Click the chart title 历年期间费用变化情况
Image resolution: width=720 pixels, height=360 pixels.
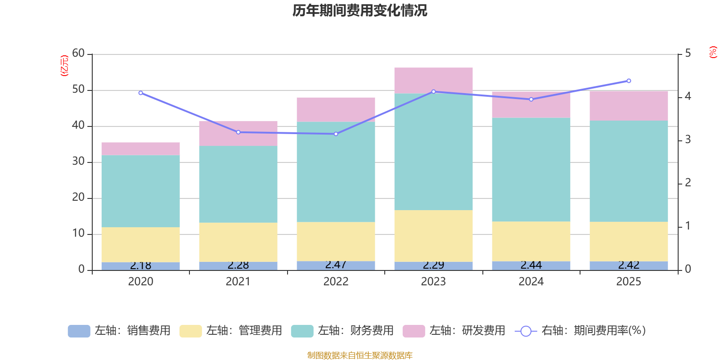360,10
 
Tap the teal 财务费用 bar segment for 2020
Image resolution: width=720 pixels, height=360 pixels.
140,191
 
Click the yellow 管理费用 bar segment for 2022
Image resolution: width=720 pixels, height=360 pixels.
336,241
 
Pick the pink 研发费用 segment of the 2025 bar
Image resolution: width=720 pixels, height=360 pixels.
629,105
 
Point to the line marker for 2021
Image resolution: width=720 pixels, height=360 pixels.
238,132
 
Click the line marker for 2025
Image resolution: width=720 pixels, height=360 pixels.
629,81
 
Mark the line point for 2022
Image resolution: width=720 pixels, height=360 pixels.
336,134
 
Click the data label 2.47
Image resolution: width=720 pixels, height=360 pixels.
336,265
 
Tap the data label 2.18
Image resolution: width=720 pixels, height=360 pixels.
140,265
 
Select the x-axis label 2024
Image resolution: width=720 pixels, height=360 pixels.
531,282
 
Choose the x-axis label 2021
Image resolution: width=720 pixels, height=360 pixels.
238,282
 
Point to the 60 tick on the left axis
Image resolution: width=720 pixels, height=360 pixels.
78,54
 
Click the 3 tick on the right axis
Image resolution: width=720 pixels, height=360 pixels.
688,140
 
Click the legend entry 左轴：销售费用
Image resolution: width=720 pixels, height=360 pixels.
119,331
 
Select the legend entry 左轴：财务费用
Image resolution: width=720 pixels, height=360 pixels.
342,331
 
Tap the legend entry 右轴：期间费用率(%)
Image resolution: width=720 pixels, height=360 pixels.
580,331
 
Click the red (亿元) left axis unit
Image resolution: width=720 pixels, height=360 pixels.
64,66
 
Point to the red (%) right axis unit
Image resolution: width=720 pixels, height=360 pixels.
713,52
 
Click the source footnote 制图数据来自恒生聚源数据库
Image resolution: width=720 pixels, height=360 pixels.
360,355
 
